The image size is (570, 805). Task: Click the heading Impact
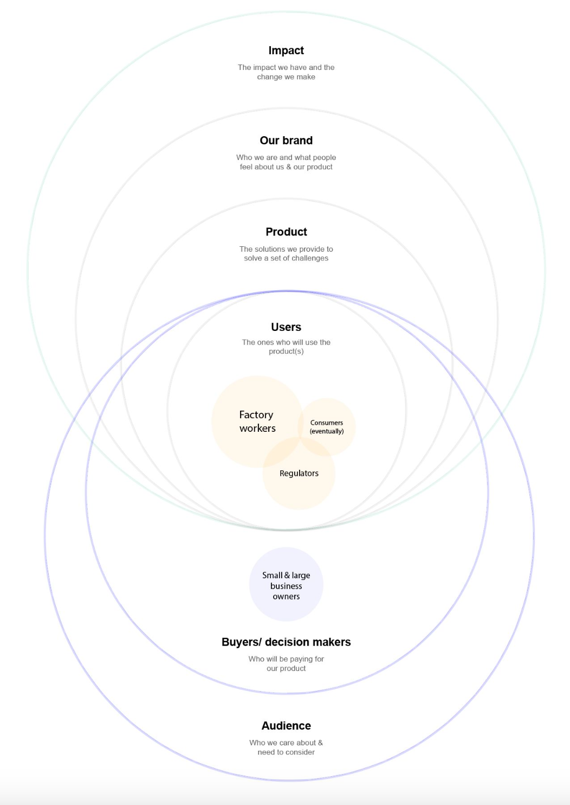tap(286, 50)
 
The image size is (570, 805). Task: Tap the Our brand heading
tap(286, 140)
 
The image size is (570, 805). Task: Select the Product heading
tap(286, 232)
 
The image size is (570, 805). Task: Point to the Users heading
tap(286, 327)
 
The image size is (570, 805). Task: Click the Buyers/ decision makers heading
tap(286, 642)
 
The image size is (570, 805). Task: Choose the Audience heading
tap(286, 726)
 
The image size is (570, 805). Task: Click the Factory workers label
tap(257, 421)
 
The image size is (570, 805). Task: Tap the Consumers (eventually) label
tap(327, 427)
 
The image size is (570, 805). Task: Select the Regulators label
tap(299, 474)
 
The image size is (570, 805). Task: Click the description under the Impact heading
tap(286, 72)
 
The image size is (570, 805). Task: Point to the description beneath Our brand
tap(286, 162)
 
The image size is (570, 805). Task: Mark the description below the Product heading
tap(286, 253)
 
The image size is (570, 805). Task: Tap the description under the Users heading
tap(286, 347)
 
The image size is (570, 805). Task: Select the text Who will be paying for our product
tap(286, 663)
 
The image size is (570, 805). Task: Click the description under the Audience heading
tap(286, 748)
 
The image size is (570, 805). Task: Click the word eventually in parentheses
tap(327, 431)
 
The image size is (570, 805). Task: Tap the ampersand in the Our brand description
tap(289, 167)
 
